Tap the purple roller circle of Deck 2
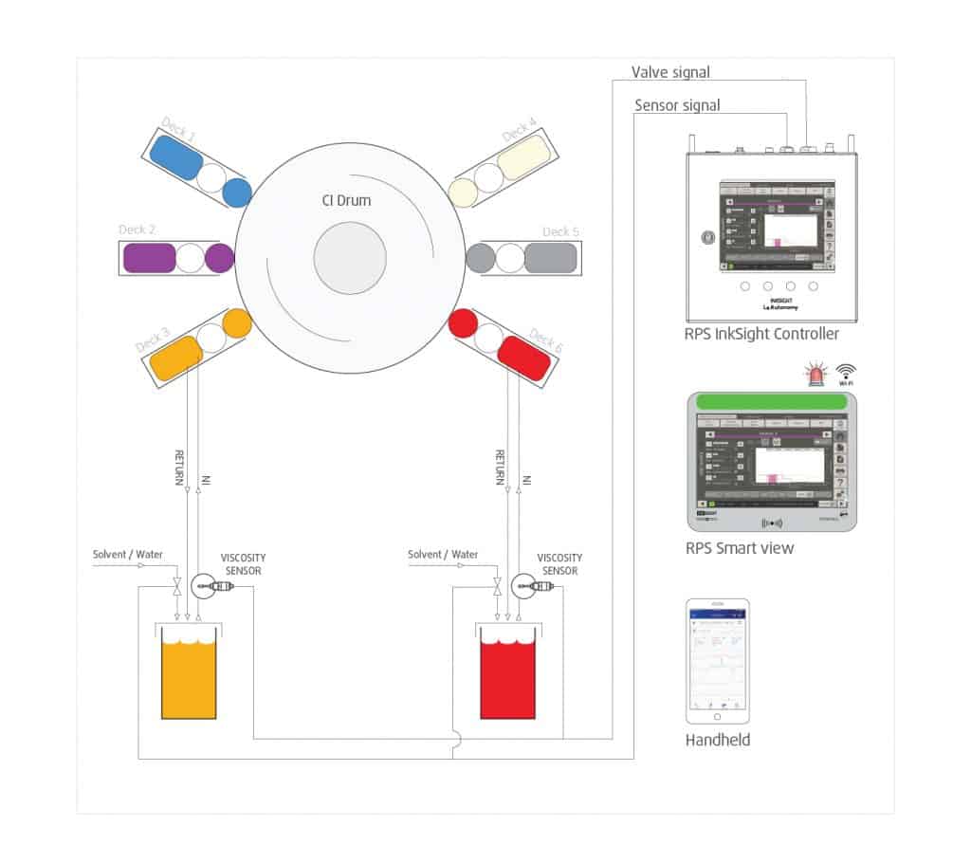pyautogui.click(x=219, y=258)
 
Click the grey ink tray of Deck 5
pyautogui.click(x=550, y=258)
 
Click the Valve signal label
pyautogui.click(x=670, y=72)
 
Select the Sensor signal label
pyautogui.click(x=677, y=104)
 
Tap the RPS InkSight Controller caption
pyautogui.click(x=761, y=334)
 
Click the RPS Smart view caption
pyautogui.click(x=740, y=548)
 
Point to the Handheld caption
pyautogui.click(x=717, y=740)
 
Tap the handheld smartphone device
pyautogui.click(x=718, y=660)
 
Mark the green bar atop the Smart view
pyautogui.click(x=771, y=401)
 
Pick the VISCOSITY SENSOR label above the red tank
pyautogui.click(x=559, y=564)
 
